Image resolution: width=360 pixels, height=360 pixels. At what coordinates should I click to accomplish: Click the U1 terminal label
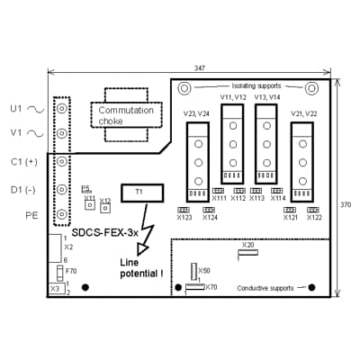[16, 108]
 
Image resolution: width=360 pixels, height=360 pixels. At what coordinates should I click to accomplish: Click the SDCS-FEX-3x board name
[105, 232]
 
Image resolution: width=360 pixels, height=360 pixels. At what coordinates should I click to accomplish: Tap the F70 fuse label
[71, 270]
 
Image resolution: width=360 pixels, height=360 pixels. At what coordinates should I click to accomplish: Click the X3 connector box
[55, 289]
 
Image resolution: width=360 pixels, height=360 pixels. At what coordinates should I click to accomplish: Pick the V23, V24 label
[196, 114]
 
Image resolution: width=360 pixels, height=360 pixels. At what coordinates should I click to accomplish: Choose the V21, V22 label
[303, 114]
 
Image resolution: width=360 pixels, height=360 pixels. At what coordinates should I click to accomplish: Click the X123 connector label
[184, 217]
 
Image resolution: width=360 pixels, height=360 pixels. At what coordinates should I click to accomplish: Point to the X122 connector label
[314, 217]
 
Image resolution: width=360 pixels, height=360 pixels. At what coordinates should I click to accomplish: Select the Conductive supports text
[265, 288]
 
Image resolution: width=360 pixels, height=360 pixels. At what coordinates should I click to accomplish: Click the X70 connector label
[211, 287]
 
